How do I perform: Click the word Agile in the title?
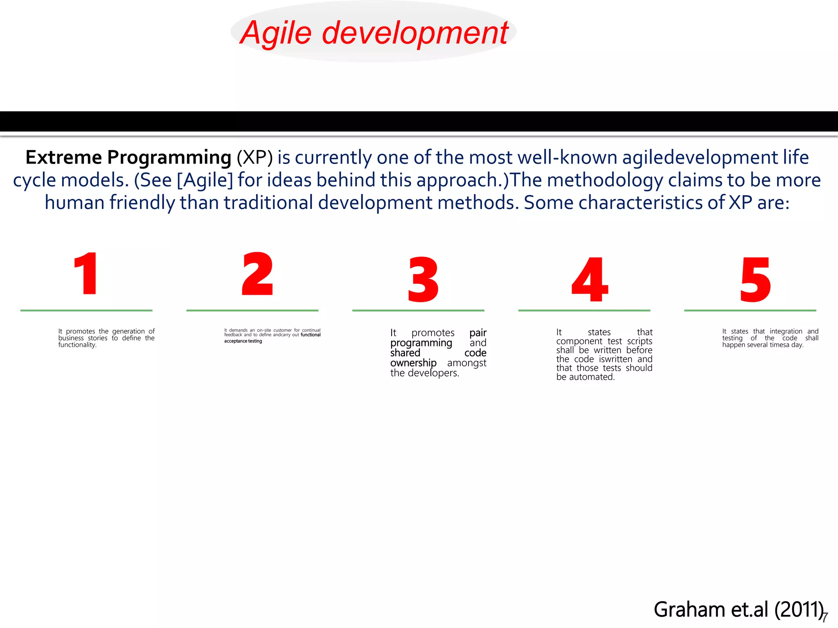coord(276,33)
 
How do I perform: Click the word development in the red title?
coord(415,33)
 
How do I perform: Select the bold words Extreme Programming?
coord(128,158)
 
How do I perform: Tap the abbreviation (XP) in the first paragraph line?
coord(255,158)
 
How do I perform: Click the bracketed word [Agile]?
coord(205,180)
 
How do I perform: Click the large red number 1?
coord(86,274)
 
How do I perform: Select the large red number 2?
coord(257,274)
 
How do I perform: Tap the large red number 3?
coord(423,280)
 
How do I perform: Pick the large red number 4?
coord(589,280)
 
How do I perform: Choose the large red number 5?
coord(755,280)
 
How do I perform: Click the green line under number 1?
coord(86,311)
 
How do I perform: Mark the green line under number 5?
coord(750,311)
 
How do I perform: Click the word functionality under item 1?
coord(77,345)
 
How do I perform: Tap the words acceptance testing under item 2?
coord(243,341)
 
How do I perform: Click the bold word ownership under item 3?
coord(413,363)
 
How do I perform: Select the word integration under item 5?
coord(786,332)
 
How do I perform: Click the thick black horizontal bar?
coord(419,121)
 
